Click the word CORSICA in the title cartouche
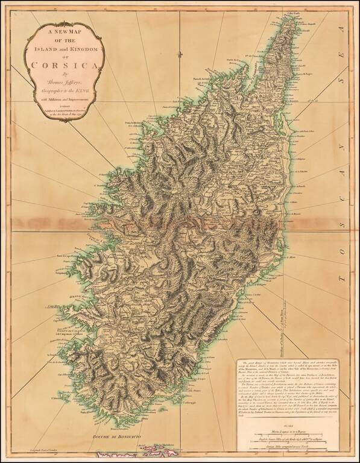click(x=57, y=66)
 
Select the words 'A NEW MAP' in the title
click(x=57, y=35)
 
